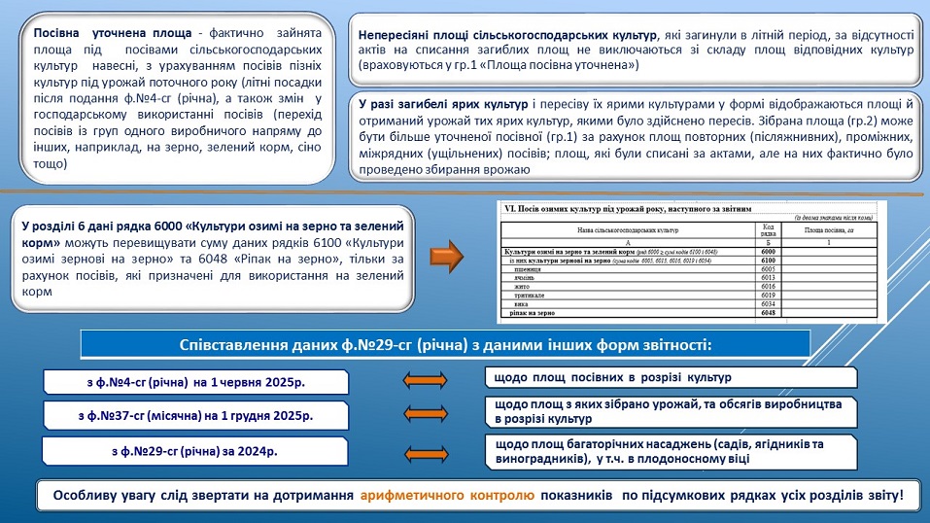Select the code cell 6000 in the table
pyautogui.click(x=767, y=251)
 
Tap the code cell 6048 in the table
pyautogui.click(x=767, y=313)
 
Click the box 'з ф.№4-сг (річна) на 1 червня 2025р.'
pyautogui.click(x=192, y=382)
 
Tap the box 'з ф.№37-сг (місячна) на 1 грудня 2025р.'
pyautogui.click(x=192, y=416)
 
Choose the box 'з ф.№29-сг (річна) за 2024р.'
pyautogui.click(x=192, y=451)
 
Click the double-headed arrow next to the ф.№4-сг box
pyautogui.click(x=427, y=380)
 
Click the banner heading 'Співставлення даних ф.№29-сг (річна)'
pyautogui.click(x=446, y=345)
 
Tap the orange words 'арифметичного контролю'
pyautogui.click(x=446, y=496)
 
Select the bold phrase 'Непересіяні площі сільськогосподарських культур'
pyautogui.click(x=506, y=34)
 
